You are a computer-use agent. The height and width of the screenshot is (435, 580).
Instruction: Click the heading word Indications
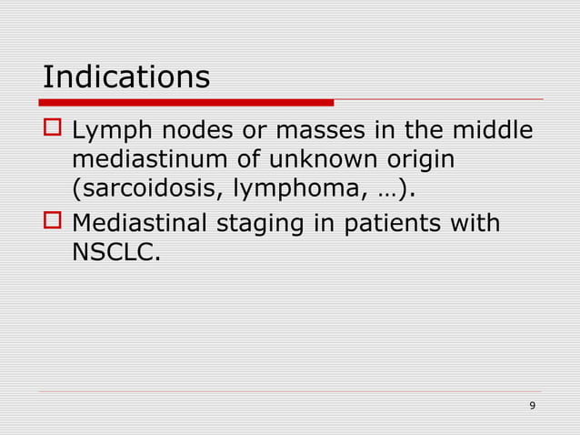point(126,76)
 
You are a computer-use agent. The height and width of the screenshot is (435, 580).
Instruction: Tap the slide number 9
point(532,404)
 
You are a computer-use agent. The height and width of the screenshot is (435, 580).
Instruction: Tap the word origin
point(416,164)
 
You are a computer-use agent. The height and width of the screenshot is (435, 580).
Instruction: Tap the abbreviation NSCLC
point(112,251)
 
